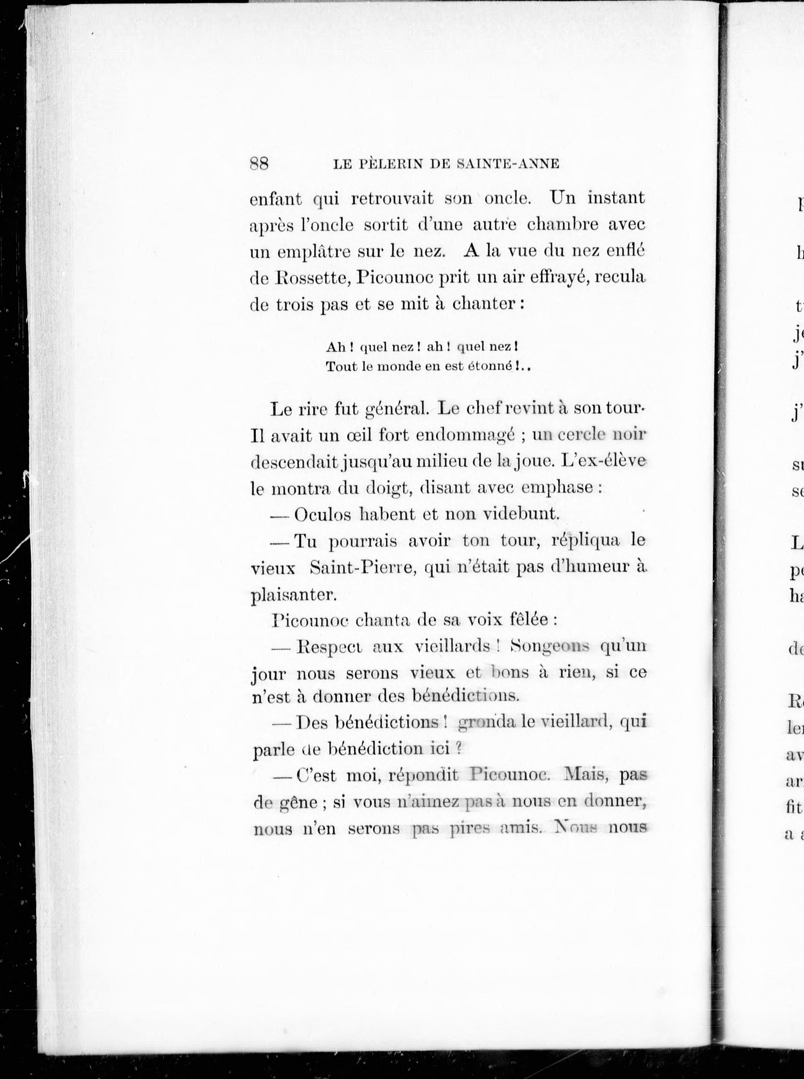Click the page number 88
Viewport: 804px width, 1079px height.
(259, 164)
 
